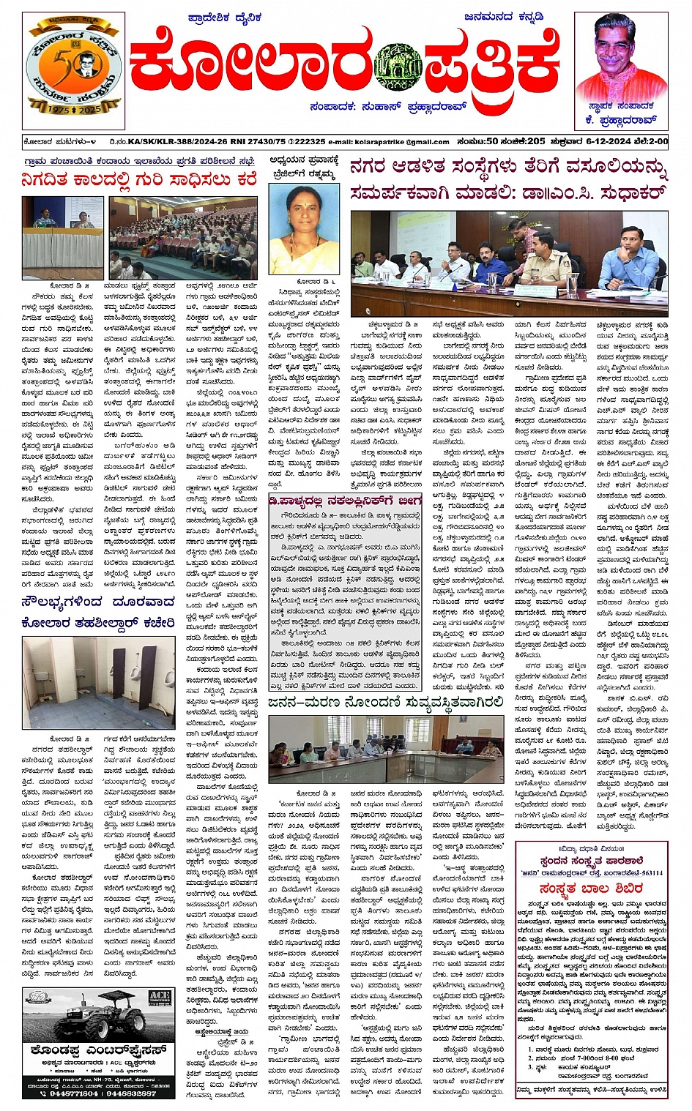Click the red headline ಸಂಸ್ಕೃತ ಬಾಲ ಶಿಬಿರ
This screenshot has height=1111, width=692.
(590, 888)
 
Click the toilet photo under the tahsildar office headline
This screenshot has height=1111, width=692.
(98, 687)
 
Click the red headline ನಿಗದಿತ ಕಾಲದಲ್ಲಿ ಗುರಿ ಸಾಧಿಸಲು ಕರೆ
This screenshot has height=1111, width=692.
(139, 179)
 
